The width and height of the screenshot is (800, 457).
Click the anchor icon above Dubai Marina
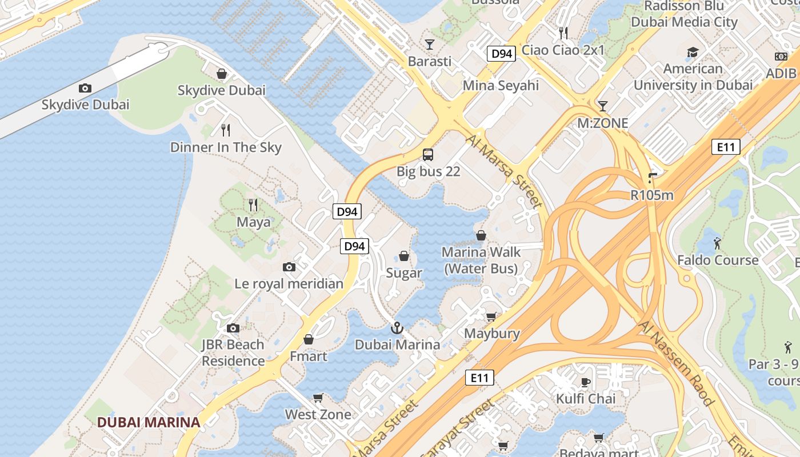pyautogui.click(x=397, y=328)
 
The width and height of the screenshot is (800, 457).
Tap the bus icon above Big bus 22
pyautogui.click(x=428, y=154)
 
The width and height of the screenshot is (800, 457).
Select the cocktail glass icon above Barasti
pyautogui.click(x=430, y=44)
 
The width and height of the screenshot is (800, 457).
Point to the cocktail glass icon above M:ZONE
pyautogui.click(x=602, y=106)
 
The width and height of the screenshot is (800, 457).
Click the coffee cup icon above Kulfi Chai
pyautogui.click(x=586, y=382)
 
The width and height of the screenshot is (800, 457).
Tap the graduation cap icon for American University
pyautogui.click(x=693, y=52)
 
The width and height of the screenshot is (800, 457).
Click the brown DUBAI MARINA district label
pyautogui.click(x=148, y=422)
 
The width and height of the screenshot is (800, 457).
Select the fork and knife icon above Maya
pyautogui.click(x=253, y=205)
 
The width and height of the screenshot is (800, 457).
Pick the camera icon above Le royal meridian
pyautogui.click(x=289, y=267)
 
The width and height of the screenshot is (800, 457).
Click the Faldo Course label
pyautogui.click(x=718, y=260)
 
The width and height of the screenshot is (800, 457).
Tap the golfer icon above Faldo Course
pyautogui.click(x=717, y=243)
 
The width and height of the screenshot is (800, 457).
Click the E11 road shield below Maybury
pyautogui.click(x=479, y=377)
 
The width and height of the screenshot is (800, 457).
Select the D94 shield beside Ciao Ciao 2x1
pyautogui.click(x=501, y=54)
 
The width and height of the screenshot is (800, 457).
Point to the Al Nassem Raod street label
pyautogui.click(x=677, y=363)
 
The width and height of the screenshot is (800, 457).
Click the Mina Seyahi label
pyautogui.click(x=501, y=86)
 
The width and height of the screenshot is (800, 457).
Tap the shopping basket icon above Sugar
pyautogui.click(x=404, y=256)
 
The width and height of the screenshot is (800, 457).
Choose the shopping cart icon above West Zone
pyautogui.click(x=318, y=398)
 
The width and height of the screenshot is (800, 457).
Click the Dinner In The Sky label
pyautogui.click(x=226, y=147)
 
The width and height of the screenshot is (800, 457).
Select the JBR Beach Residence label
pyautogui.click(x=233, y=353)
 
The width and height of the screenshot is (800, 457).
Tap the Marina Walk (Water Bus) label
pyautogui.click(x=481, y=260)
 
